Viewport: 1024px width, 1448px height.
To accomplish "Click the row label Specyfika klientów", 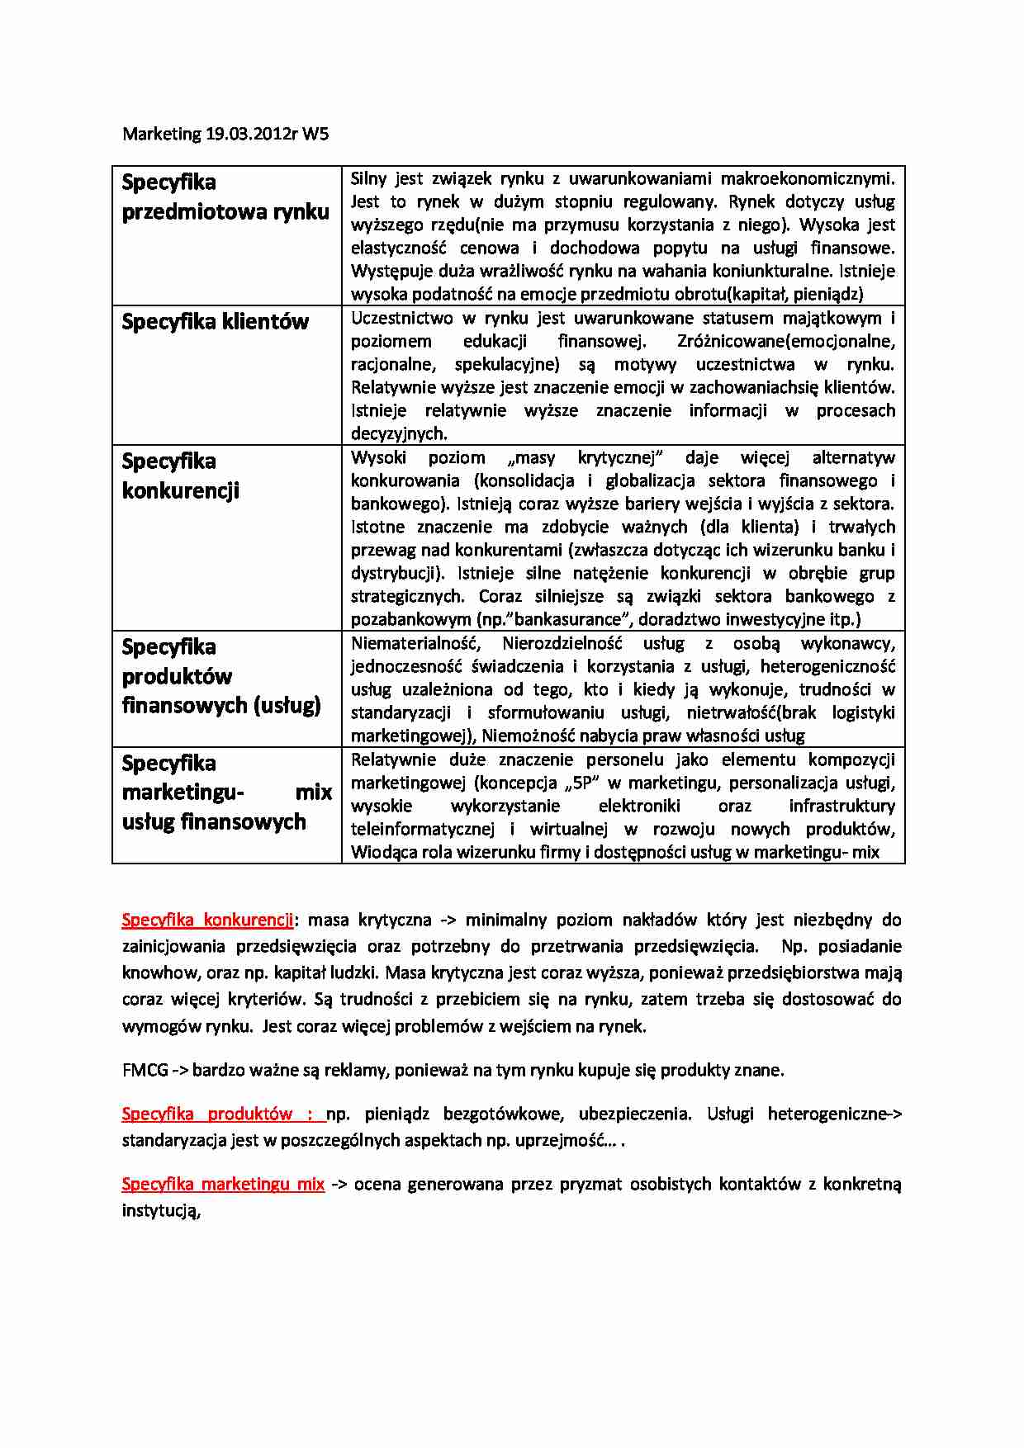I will point(215,321).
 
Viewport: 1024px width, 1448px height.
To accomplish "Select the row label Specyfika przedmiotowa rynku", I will point(225,196).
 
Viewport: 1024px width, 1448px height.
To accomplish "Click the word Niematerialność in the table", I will point(415,643).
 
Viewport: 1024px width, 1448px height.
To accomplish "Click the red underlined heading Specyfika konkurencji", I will point(207,920).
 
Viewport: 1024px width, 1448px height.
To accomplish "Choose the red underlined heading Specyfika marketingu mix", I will point(223,1184).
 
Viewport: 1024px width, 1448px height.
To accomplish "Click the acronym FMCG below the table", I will point(145,1070).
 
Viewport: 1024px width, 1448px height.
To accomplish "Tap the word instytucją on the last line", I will point(161,1210).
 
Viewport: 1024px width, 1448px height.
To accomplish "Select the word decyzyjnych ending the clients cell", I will point(399,433).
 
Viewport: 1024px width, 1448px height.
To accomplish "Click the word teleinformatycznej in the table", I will point(422,829).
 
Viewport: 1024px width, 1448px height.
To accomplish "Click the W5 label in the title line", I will point(315,134).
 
